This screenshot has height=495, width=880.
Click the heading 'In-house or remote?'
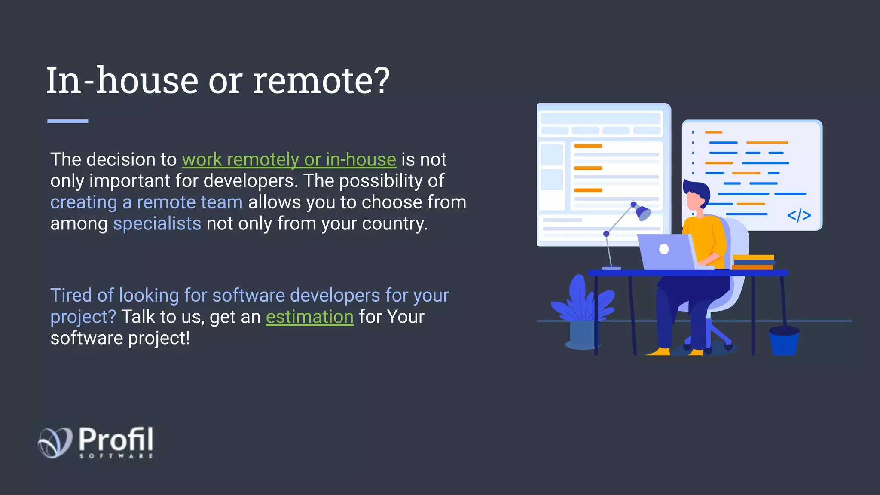218,81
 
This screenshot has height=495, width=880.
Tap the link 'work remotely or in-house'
289,160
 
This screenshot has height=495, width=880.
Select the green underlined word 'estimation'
309,317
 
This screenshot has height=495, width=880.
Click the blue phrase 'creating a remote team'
147,202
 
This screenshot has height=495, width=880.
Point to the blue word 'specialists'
157,224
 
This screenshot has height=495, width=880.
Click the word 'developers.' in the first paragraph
251,181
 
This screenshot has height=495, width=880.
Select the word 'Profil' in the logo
116,439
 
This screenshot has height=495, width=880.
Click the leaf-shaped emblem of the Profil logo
55,442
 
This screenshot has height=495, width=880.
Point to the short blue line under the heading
67,122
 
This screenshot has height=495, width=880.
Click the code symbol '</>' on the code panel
799,215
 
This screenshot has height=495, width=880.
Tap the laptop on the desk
666,252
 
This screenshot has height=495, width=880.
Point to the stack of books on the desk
753,262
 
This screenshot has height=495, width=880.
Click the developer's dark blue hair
697,189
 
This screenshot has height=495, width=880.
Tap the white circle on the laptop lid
664,249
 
